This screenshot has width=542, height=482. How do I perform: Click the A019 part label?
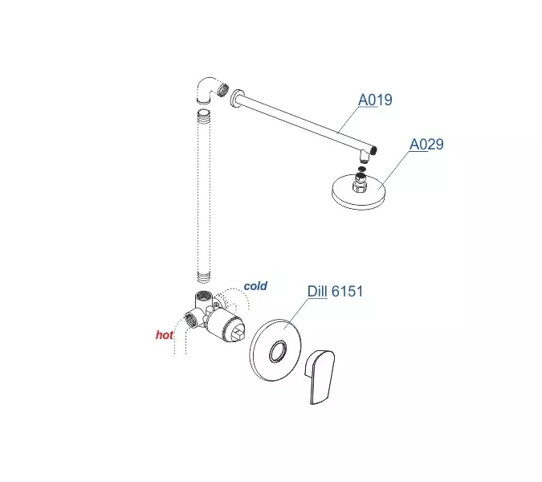(x=375, y=100)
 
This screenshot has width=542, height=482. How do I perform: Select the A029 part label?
(x=426, y=144)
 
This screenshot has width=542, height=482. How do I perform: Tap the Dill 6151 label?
(x=335, y=291)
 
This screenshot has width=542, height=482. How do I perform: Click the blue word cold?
(x=255, y=286)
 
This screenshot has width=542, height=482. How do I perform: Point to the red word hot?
(x=164, y=335)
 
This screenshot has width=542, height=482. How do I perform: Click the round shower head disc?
(x=359, y=192)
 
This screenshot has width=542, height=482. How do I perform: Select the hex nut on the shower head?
(x=360, y=185)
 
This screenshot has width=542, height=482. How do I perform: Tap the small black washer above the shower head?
(x=361, y=169)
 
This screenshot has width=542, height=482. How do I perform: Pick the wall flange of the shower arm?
(x=237, y=100)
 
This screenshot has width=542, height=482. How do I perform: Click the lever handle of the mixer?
(x=320, y=377)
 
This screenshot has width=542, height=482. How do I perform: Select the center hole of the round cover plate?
(x=278, y=351)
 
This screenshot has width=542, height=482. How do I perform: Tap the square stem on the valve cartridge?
(x=238, y=336)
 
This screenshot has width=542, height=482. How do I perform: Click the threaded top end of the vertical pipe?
(x=203, y=114)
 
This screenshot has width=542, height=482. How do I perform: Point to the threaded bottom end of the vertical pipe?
(x=203, y=276)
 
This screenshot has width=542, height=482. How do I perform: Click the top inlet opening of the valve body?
(x=201, y=296)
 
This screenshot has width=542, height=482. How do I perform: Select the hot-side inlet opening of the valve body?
(x=190, y=319)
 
